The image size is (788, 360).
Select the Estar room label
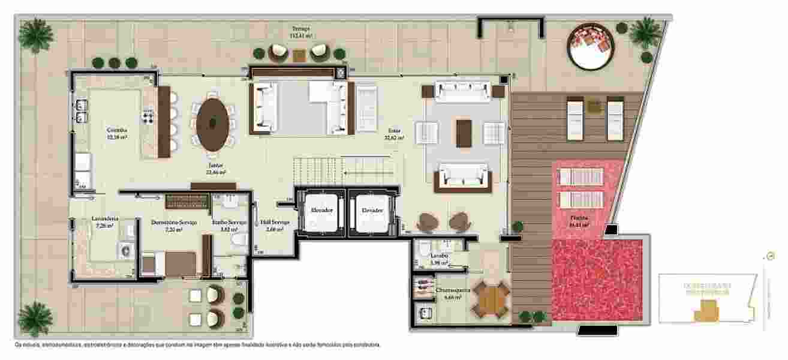coord(395,130)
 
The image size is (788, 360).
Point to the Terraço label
coord(301,29)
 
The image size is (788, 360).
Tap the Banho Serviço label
coord(230,222)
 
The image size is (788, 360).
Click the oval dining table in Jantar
coord(213,124)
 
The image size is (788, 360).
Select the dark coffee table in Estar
coord(464,133)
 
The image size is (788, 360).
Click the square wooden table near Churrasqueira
coord(491,298)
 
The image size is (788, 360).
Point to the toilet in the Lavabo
coord(423,250)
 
